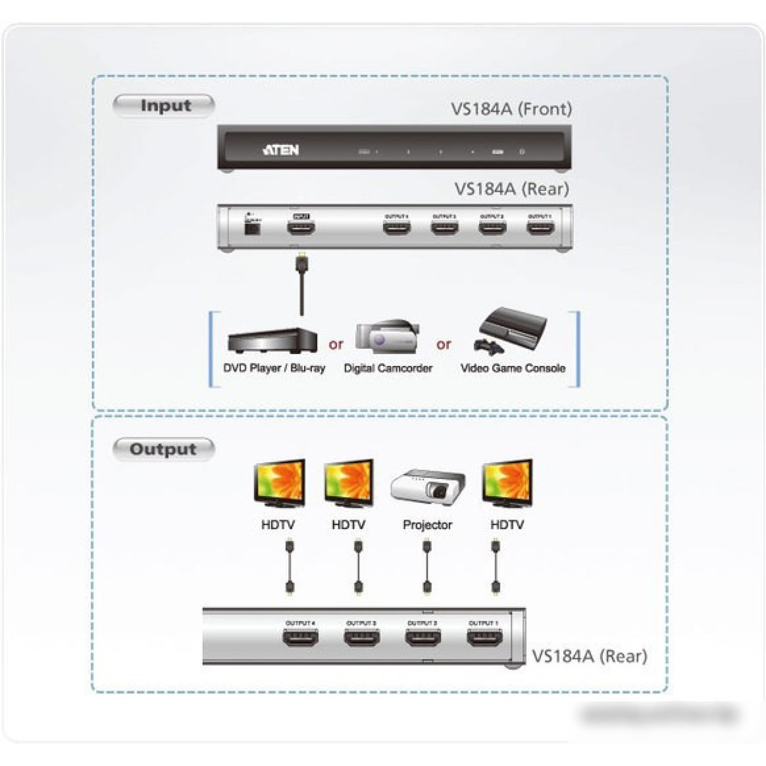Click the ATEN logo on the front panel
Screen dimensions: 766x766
pos(281,150)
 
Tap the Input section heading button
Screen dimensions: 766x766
pos(164,106)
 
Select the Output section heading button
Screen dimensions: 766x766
pos(163,449)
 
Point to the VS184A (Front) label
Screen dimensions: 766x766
pos(511,109)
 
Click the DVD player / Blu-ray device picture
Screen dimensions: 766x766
pos(272,341)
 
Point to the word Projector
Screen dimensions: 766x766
pos(427,524)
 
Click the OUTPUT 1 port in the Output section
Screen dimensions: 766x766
pos(484,638)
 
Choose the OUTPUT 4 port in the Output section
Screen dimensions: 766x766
pos(301,638)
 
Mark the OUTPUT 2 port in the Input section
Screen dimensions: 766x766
pos(492,227)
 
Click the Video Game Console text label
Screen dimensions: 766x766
pos(513,368)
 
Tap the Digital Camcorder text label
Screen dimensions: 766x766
pos(388,368)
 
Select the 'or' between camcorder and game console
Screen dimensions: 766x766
pos(444,344)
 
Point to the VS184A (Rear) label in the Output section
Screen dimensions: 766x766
pos(589,656)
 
